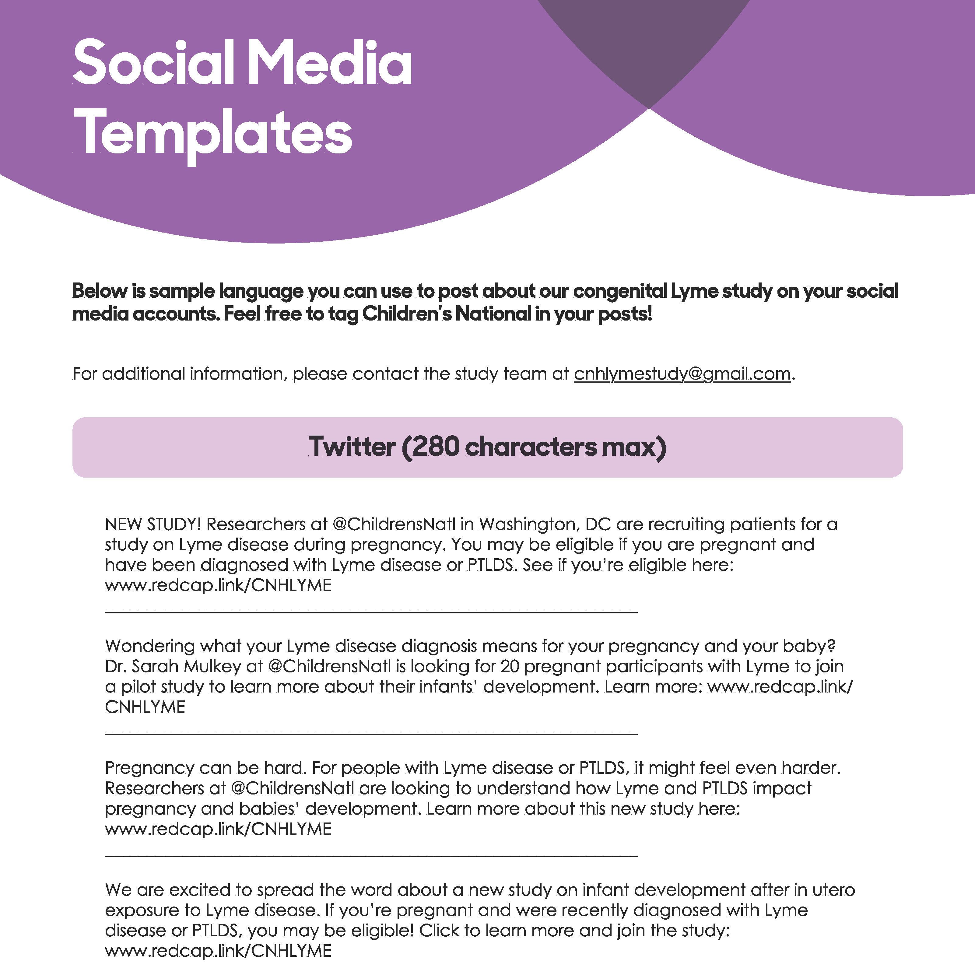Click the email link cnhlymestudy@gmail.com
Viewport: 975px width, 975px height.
pos(682,374)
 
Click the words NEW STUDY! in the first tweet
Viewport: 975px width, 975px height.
pos(153,524)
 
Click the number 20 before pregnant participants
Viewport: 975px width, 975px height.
pos(510,667)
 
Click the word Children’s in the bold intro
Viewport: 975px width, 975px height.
pos(406,314)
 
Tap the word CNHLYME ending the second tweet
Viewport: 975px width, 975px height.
pos(145,707)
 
